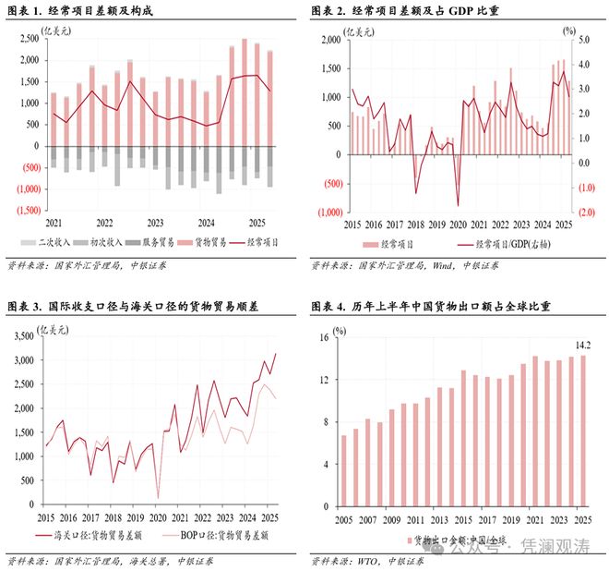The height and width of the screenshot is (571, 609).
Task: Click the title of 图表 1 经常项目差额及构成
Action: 78,10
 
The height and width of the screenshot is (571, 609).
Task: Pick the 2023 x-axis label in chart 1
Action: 154,223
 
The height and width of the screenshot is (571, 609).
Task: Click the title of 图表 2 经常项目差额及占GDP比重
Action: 398,10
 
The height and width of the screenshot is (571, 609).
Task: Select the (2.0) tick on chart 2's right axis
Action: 584,212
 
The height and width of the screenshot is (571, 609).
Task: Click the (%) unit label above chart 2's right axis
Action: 569,30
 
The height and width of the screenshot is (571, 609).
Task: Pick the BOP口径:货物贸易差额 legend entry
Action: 222,535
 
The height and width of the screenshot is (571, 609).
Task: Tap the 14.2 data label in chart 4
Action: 583,346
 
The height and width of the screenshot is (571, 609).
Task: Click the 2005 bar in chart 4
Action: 345,471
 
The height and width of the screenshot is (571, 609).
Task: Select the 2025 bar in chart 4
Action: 583,431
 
